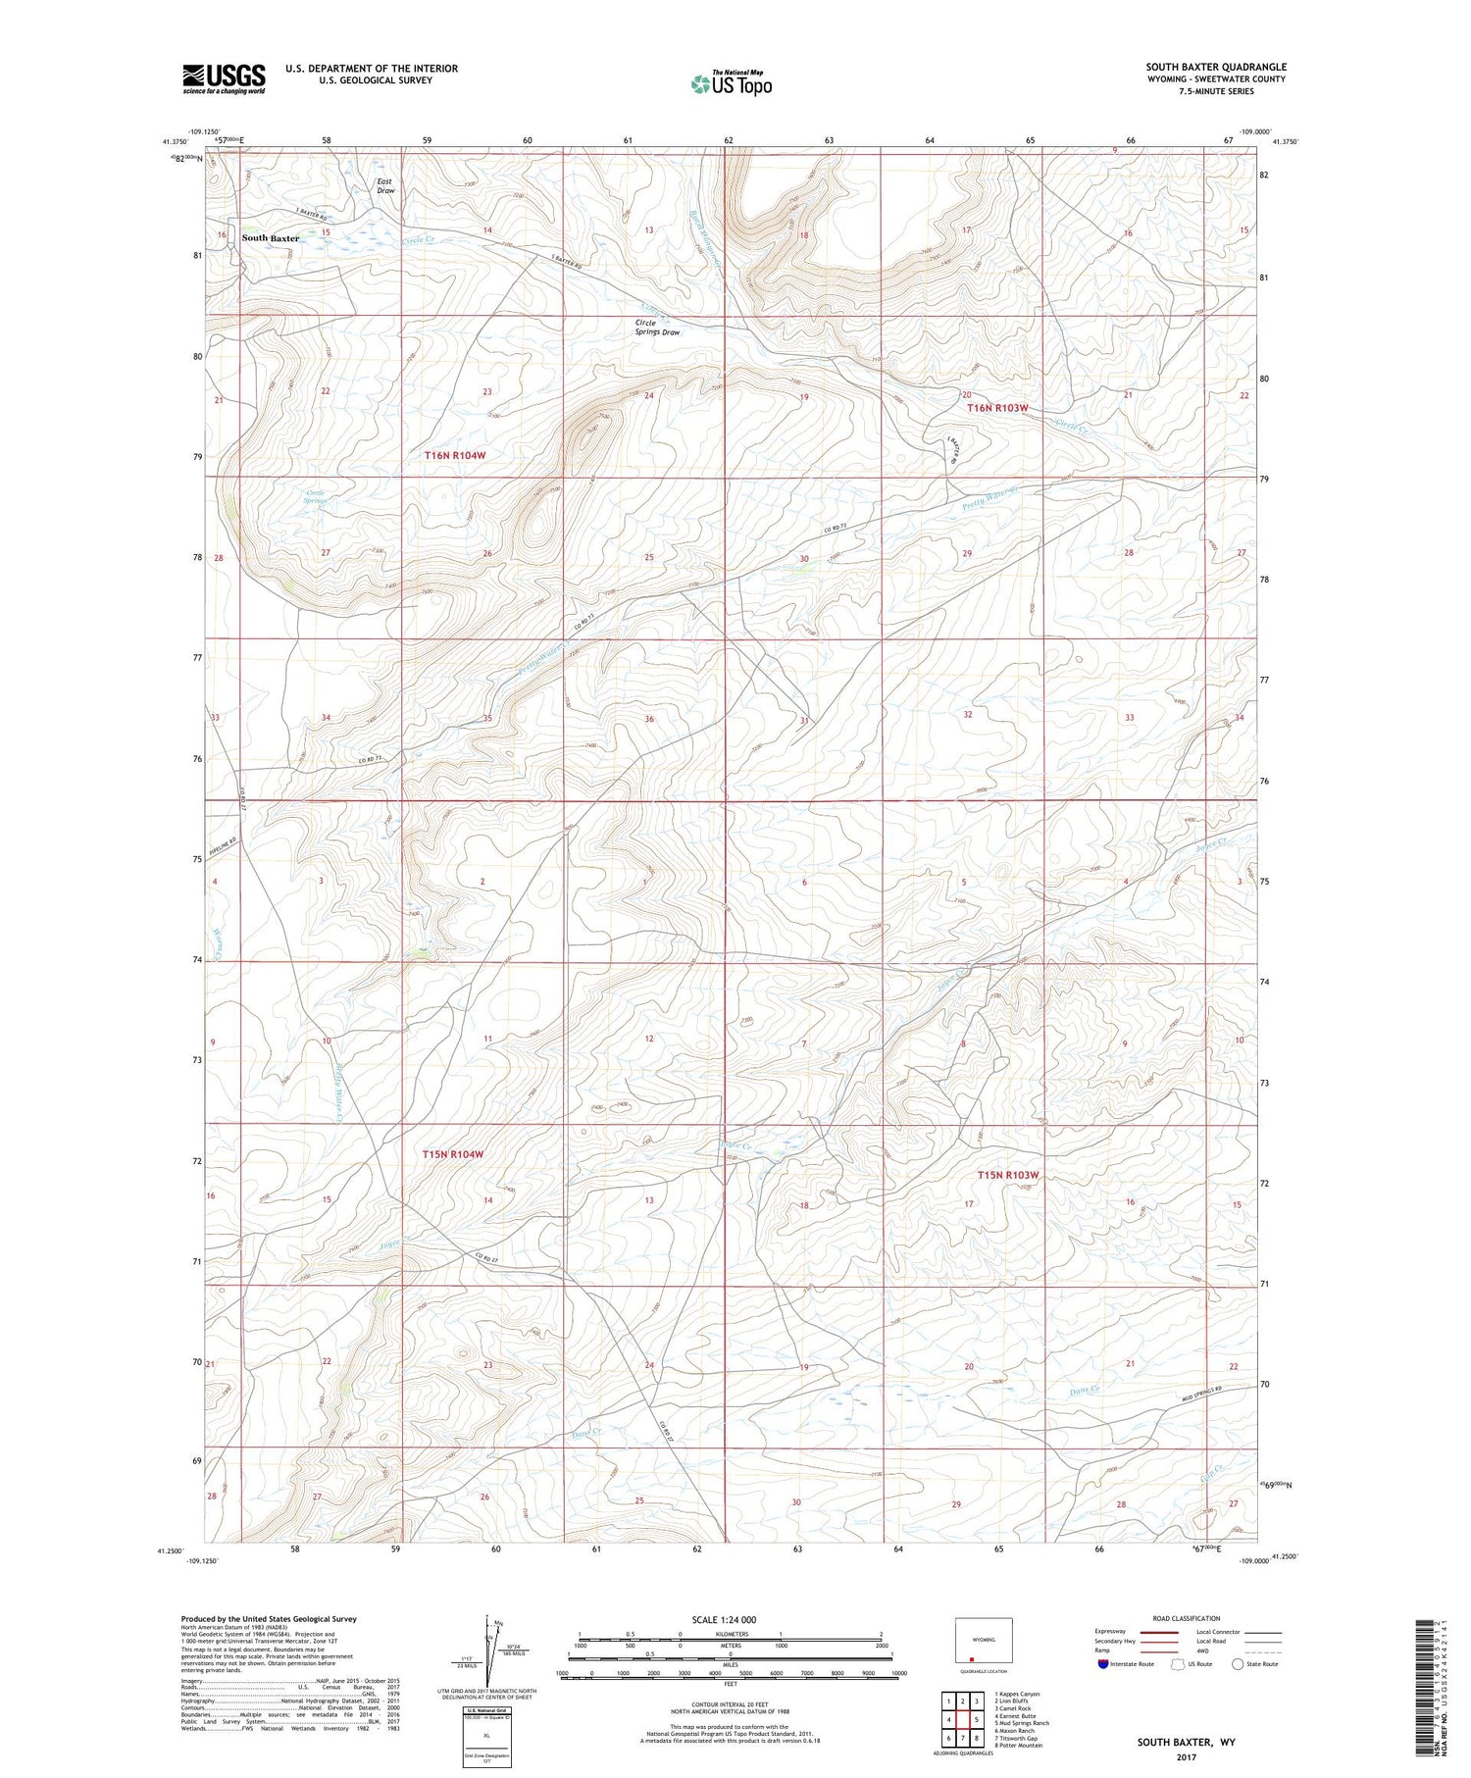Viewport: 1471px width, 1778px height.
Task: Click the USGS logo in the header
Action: (x=224, y=78)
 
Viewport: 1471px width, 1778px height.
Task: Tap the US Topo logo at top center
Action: (x=731, y=83)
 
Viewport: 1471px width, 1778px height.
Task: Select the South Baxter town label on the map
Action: (x=270, y=238)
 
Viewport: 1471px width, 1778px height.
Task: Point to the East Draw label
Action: (x=385, y=186)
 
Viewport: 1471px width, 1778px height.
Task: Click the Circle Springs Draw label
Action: (x=656, y=328)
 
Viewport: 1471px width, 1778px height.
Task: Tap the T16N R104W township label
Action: (x=455, y=455)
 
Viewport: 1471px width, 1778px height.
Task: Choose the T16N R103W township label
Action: (x=997, y=407)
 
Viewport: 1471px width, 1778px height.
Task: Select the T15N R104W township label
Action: (x=453, y=1154)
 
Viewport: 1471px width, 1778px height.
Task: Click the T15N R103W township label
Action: (x=1007, y=1175)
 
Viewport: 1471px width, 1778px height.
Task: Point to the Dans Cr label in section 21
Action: (x=1088, y=1391)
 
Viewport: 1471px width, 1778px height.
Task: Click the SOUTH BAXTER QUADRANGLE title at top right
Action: (x=1216, y=67)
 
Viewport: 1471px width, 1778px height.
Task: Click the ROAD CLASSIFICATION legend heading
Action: (x=1187, y=1618)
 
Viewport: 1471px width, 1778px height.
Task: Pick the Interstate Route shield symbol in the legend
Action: (x=1104, y=1664)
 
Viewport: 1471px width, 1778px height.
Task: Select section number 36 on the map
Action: (x=649, y=719)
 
